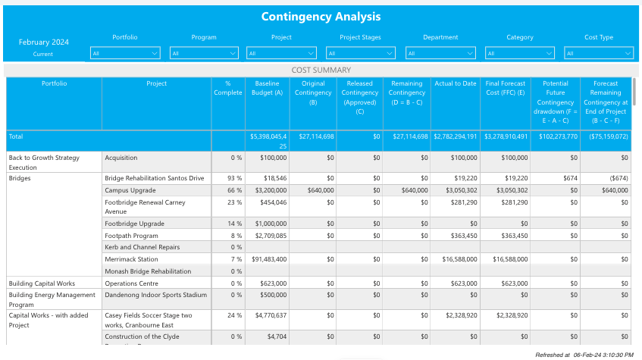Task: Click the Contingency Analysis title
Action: pos(321,17)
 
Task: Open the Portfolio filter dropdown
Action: pos(125,53)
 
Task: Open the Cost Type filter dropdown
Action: pos(598,53)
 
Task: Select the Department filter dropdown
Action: pos(440,53)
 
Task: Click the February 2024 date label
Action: pos(43,42)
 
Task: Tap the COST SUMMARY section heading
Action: pos(321,70)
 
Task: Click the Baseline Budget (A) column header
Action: pos(267,88)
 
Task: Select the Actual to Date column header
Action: pos(455,83)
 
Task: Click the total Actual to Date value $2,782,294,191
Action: pos(456,136)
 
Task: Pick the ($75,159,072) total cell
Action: pos(606,136)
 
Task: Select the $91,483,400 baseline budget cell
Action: pos(266,259)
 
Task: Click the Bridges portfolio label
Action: pos(20,178)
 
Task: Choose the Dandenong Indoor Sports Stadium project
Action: pos(155,295)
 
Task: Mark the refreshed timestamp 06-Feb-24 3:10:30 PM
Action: pos(584,354)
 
